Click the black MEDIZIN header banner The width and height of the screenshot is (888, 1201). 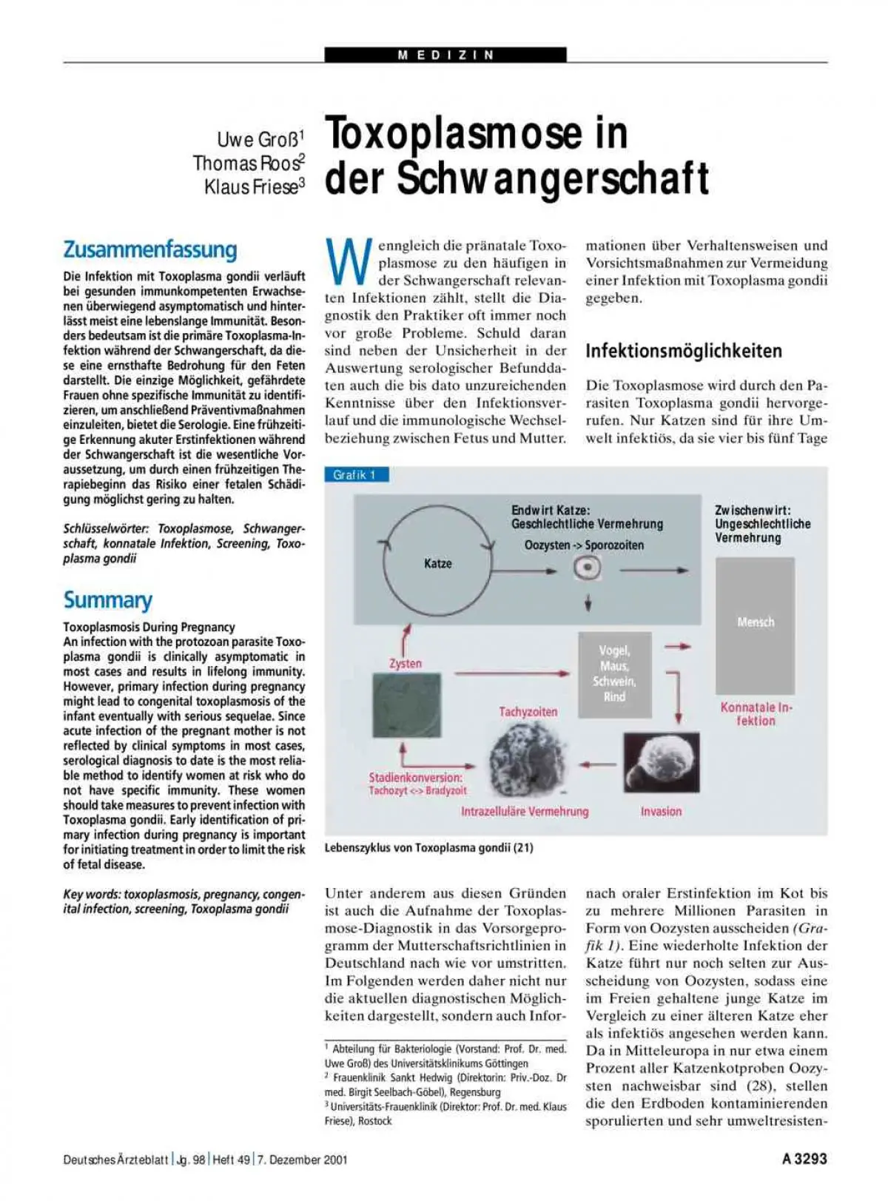pyautogui.click(x=445, y=55)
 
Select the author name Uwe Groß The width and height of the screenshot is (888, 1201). pyautogui.click(x=259, y=139)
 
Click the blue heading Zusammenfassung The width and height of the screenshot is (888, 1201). pyautogui.click(x=150, y=249)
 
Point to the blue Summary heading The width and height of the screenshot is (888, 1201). pyautogui.click(x=108, y=599)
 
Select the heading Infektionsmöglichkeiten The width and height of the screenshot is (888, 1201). pyautogui.click(x=683, y=351)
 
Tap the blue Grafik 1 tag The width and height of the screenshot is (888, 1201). pyautogui.click(x=356, y=475)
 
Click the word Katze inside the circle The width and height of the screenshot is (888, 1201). pyautogui.click(x=437, y=564)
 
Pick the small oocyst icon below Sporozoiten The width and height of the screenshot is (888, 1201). pyautogui.click(x=588, y=569)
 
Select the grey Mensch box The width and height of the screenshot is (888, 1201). pyautogui.click(x=755, y=625)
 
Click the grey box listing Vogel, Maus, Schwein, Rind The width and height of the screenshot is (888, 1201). pyautogui.click(x=614, y=673)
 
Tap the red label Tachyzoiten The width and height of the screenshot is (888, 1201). pyautogui.click(x=528, y=712)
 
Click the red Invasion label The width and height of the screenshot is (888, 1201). pyautogui.click(x=661, y=811)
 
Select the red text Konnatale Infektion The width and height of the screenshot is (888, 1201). pyautogui.click(x=756, y=714)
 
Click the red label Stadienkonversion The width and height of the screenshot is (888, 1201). pyautogui.click(x=415, y=778)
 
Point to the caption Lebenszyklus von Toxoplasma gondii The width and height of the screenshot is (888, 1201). pyautogui.click(x=428, y=848)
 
